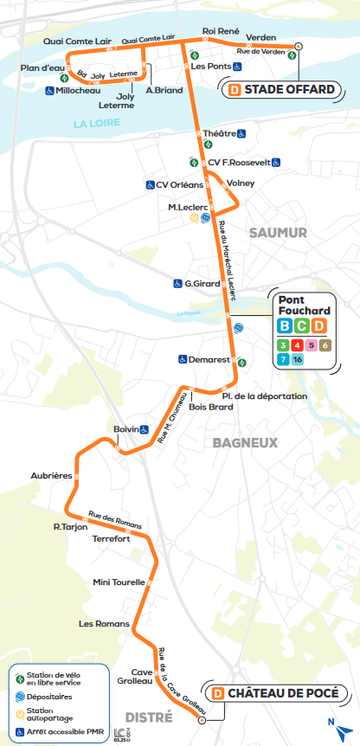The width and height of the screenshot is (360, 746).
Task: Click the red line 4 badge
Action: pyautogui.click(x=298, y=344)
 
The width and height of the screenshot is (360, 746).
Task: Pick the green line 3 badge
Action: pyautogui.click(x=283, y=344)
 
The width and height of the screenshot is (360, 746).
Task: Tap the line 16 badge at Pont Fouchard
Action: pyautogui.click(x=298, y=358)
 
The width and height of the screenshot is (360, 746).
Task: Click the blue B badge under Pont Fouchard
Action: pyautogui.click(x=284, y=326)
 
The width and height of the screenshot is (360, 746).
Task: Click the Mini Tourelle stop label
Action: pyautogui.click(x=119, y=582)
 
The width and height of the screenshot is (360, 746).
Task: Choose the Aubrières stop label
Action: pyautogui.click(x=50, y=476)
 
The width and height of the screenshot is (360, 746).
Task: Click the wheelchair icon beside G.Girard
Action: pyautogui.click(x=177, y=284)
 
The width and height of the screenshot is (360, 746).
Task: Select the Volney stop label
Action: pyautogui.click(x=241, y=183)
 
